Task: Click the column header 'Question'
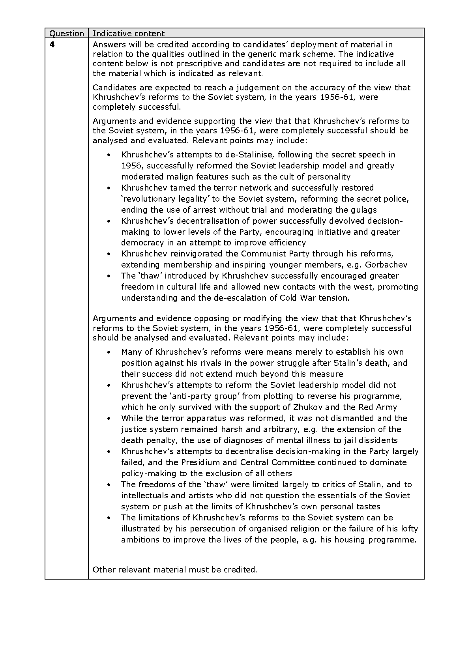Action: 66,34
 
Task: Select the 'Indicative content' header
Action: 128,34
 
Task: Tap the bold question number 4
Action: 52,45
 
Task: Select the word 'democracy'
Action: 140,243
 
